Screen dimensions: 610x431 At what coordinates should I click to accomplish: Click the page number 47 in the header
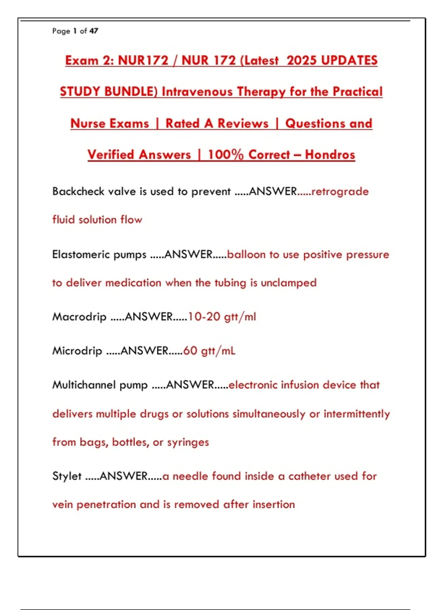click(x=94, y=31)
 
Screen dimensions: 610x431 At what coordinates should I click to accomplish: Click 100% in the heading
click(x=226, y=155)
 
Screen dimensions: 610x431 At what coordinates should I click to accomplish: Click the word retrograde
click(x=340, y=192)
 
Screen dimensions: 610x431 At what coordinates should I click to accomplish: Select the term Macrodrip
click(x=79, y=317)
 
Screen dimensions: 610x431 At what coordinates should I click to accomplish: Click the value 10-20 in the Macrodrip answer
click(x=204, y=317)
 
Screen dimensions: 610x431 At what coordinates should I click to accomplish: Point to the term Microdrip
click(x=77, y=351)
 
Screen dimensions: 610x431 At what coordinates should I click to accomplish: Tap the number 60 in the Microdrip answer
click(x=190, y=351)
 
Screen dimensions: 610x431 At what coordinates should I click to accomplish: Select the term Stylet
click(x=67, y=476)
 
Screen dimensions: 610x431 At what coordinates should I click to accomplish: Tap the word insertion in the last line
click(x=274, y=505)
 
